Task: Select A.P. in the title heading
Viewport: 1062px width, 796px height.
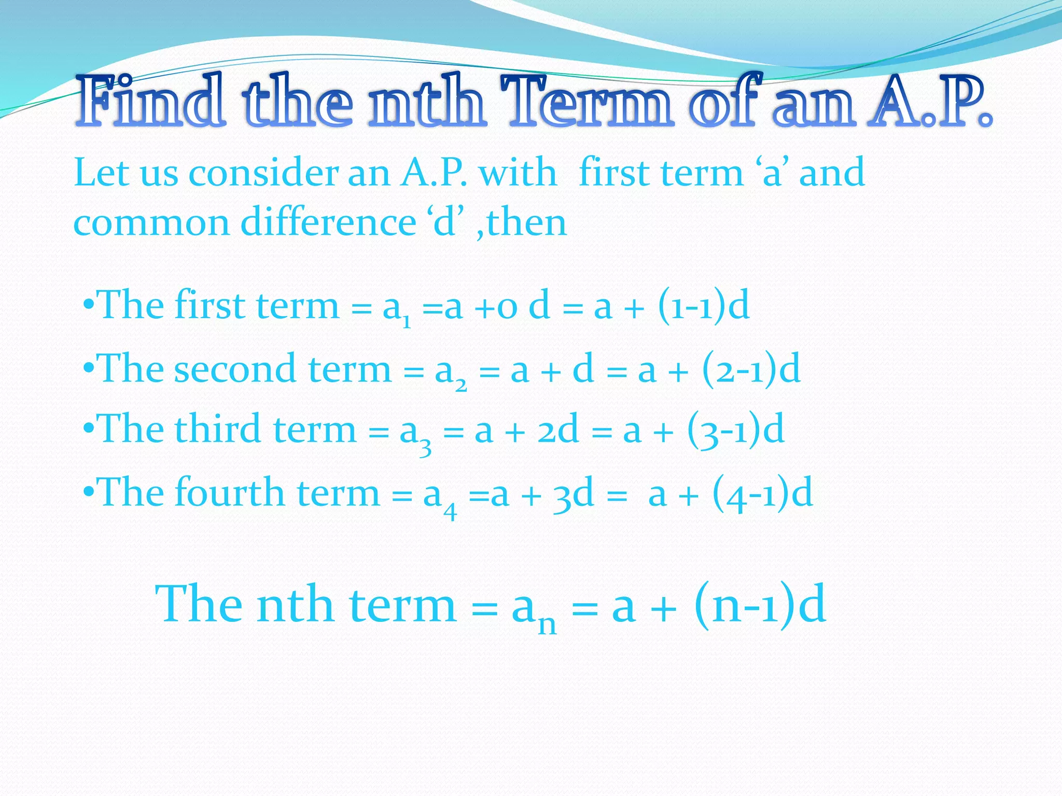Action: tap(931, 102)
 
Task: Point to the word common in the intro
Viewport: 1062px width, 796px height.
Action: tap(151, 223)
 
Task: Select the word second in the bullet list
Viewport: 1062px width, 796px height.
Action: tap(235, 369)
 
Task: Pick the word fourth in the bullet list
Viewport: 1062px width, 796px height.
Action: tap(230, 492)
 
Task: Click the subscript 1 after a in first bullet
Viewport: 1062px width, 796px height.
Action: tap(407, 323)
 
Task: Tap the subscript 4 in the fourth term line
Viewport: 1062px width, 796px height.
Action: tap(450, 512)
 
